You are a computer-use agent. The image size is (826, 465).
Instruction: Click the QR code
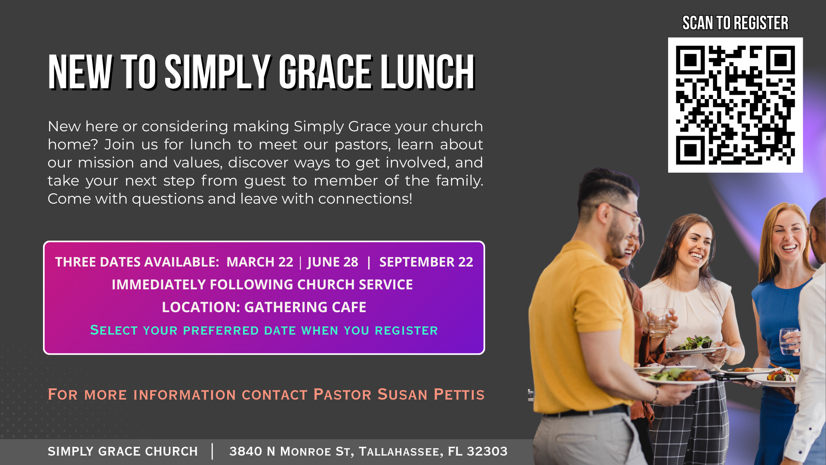click(x=735, y=105)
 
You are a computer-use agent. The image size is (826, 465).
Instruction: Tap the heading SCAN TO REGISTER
click(x=735, y=23)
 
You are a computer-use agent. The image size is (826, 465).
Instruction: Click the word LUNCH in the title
click(x=427, y=72)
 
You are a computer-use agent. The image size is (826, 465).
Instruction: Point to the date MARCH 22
click(x=260, y=262)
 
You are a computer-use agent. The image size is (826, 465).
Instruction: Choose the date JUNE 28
click(x=333, y=262)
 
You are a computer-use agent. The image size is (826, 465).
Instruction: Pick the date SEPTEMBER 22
click(x=426, y=262)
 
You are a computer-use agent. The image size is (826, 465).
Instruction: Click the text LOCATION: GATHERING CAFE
click(x=264, y=307)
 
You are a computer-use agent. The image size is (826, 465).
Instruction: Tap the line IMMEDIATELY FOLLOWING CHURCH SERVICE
click(x=262, y=284)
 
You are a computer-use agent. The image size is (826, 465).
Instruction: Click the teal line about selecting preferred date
click(x=264, y=330)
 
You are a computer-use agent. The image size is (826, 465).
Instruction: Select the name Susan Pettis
click(x=431, y=394)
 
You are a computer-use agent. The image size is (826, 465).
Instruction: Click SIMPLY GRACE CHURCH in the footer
click(x=123, y=451)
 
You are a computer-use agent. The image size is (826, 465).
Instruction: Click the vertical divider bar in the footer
click(x=213, y=451)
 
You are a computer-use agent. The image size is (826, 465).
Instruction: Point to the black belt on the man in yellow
click(x=586, y=411)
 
